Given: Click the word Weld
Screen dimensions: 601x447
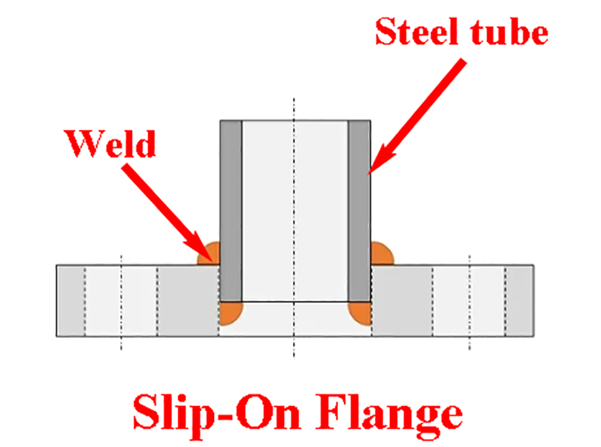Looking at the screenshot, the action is (x=111, y=143).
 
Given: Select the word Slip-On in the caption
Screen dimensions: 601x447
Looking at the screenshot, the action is (x=217, y=414).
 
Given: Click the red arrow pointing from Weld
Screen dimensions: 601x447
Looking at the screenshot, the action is (x=168, y=213).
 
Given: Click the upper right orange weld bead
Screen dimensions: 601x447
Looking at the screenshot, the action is (x=381, y=254).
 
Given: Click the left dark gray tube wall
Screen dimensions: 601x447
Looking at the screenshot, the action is (x=231, y=211).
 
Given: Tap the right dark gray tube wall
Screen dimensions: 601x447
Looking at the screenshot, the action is (x=359, y=211).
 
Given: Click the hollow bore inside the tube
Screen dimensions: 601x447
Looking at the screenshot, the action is (x=294, y=211).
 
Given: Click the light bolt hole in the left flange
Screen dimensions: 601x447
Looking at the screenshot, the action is (x=121, y=301).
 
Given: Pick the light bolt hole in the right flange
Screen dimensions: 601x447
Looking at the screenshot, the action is (x=469, y=301).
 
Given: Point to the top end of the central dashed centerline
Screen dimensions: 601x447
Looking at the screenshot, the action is (x=294, y=98).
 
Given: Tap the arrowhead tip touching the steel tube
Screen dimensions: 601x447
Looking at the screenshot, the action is (x=368, y=175).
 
